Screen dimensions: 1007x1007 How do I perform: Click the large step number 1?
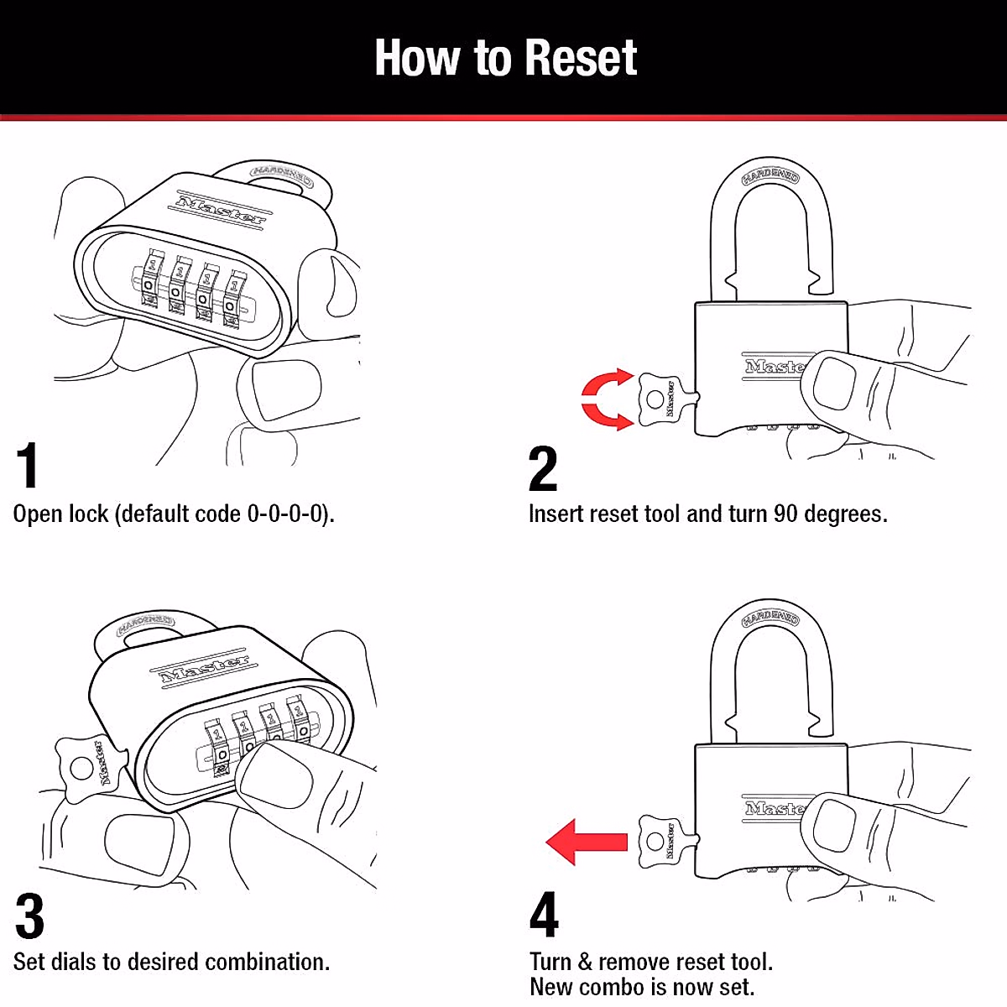click(28, 466)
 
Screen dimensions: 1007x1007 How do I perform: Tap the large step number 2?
click(543, 469)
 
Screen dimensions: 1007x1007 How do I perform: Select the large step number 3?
click(29, 916)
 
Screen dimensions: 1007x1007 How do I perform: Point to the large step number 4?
click(544, 916)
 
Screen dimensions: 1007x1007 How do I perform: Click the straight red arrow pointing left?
click(587, 842)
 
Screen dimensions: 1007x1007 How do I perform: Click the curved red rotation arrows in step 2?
click(607, 399)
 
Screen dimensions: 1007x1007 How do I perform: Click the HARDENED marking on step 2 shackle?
click(770, 175)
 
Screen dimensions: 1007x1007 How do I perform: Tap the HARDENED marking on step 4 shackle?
click(770, 619)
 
